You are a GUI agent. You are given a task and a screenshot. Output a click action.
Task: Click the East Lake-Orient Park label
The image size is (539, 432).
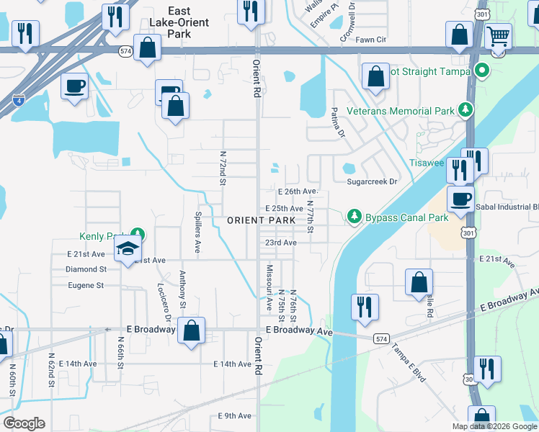pos(189,22)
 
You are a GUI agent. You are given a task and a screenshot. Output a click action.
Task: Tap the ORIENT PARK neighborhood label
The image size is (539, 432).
pos(261,220)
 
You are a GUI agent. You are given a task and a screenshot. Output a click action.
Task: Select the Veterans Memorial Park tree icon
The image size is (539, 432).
pos(466,110)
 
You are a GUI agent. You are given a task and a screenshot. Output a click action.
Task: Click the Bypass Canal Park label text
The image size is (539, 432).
pos(406,216)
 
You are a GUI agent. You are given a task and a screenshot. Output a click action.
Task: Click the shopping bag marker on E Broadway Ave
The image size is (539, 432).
pos(191,331)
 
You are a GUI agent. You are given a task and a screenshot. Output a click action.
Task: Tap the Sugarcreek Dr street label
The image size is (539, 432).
pos(372,182)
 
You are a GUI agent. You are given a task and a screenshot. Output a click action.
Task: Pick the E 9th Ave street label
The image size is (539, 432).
pos(234,416)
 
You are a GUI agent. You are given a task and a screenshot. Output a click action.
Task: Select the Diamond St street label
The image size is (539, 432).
pos(87,269)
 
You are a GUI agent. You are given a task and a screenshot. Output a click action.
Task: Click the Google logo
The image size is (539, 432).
pos(24,423)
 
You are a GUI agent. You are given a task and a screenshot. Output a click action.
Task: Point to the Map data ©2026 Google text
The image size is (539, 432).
pos(494,426)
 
